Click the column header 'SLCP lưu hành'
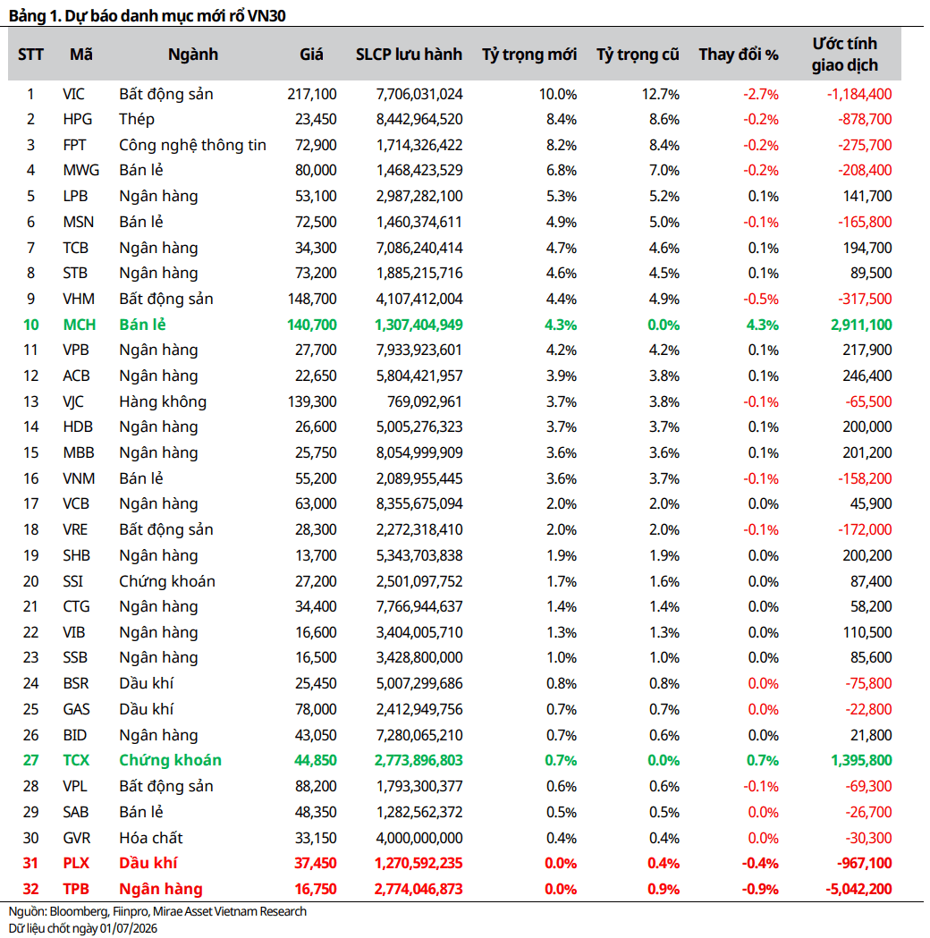[409, 55]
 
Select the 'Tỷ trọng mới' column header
[529, 55]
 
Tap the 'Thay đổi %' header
[739, 55]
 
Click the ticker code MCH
[80, 325]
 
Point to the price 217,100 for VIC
[312, 94]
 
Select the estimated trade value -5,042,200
[858, 889]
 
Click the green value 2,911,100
[861, 325]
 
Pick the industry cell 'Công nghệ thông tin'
[192, 146]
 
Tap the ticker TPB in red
[76, 889]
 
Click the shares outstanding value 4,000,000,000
[419, 838]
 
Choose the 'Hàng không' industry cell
[163, 401]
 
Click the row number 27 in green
[30, 760]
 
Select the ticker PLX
[76, 863]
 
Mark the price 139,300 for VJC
[312, 401]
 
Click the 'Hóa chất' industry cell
[151, 838]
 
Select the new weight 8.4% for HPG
[562, 119]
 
